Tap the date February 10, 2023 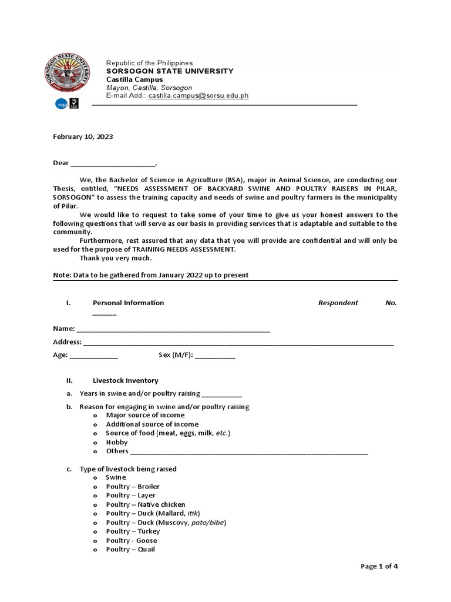click(83, 136)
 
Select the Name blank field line click(173, 329)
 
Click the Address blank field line click(238, 343)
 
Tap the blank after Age click(94, 356)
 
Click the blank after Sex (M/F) click(215, 356)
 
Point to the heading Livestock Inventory click(125, 380)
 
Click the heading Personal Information click(128, 303)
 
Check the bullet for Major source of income click(95, 415)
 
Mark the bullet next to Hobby click(95, 442)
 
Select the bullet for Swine click(95, 478)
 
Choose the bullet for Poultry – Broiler click(95, 487)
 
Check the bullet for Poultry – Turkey click(95, 531)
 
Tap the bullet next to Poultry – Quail click(95, 550)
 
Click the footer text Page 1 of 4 click(379, 566)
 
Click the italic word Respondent click(338, 303)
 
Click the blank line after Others click(249, 452)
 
